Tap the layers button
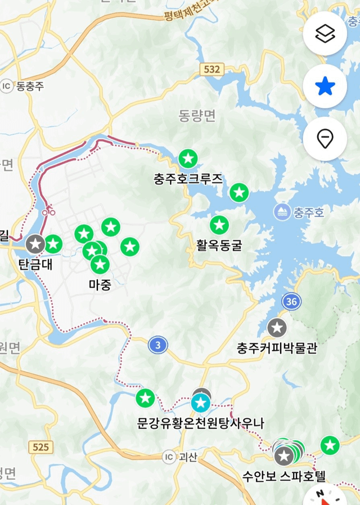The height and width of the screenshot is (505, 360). click(325, 33)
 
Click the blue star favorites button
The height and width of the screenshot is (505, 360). click(325, 86)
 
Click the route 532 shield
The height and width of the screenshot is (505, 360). click(211, 69)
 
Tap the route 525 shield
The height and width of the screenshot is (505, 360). click(40, 448)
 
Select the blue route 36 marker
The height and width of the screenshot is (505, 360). click(291, 302)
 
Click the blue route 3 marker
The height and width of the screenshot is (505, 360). click(158, 345)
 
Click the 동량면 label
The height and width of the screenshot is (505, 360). click(197, 116)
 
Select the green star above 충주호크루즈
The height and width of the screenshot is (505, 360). click(188, 159)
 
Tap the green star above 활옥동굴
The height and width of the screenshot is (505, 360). click(219, 225)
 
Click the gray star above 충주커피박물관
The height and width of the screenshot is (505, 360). click(276, 328)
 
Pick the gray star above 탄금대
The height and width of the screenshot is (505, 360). click(36, 244)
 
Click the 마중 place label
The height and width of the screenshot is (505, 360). click(100, 285)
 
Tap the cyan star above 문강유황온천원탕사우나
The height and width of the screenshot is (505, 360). click(200, 403)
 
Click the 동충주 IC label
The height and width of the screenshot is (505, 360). click(23, 86)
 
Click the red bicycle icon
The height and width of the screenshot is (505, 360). click(48, 211)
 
